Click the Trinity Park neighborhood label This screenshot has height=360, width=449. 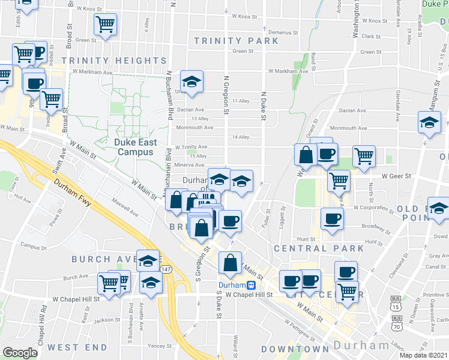[x=237, y=41]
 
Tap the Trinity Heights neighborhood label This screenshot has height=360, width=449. [x=113, y=61]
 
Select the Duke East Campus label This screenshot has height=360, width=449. [x=135, y=147]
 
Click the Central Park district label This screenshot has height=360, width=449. [x=319, y=248]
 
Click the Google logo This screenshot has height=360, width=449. [x=20, y=353]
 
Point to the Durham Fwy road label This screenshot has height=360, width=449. [x=71, y=193]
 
